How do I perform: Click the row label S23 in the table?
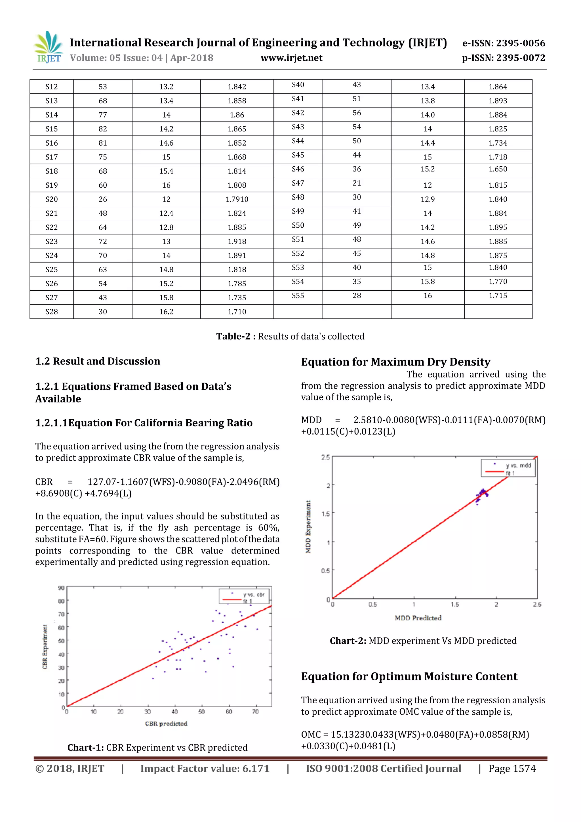pos(52,242)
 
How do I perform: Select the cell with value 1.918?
pos(237,242)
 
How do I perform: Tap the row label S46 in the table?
pos(298,169)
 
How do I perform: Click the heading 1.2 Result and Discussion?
pos(98,361)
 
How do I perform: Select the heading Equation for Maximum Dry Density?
pos(395,362)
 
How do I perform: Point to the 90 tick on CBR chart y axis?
pos(61,588)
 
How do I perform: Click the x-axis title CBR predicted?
pos(166,724)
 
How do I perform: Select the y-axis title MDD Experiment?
pos(308,527)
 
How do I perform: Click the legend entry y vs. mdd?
pos(518,465)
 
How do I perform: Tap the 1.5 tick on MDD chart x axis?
pos(455,604)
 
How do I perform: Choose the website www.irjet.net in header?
pos(291,58)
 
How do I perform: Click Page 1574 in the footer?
pos(512,769)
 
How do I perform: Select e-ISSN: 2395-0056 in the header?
pos(503,43)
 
